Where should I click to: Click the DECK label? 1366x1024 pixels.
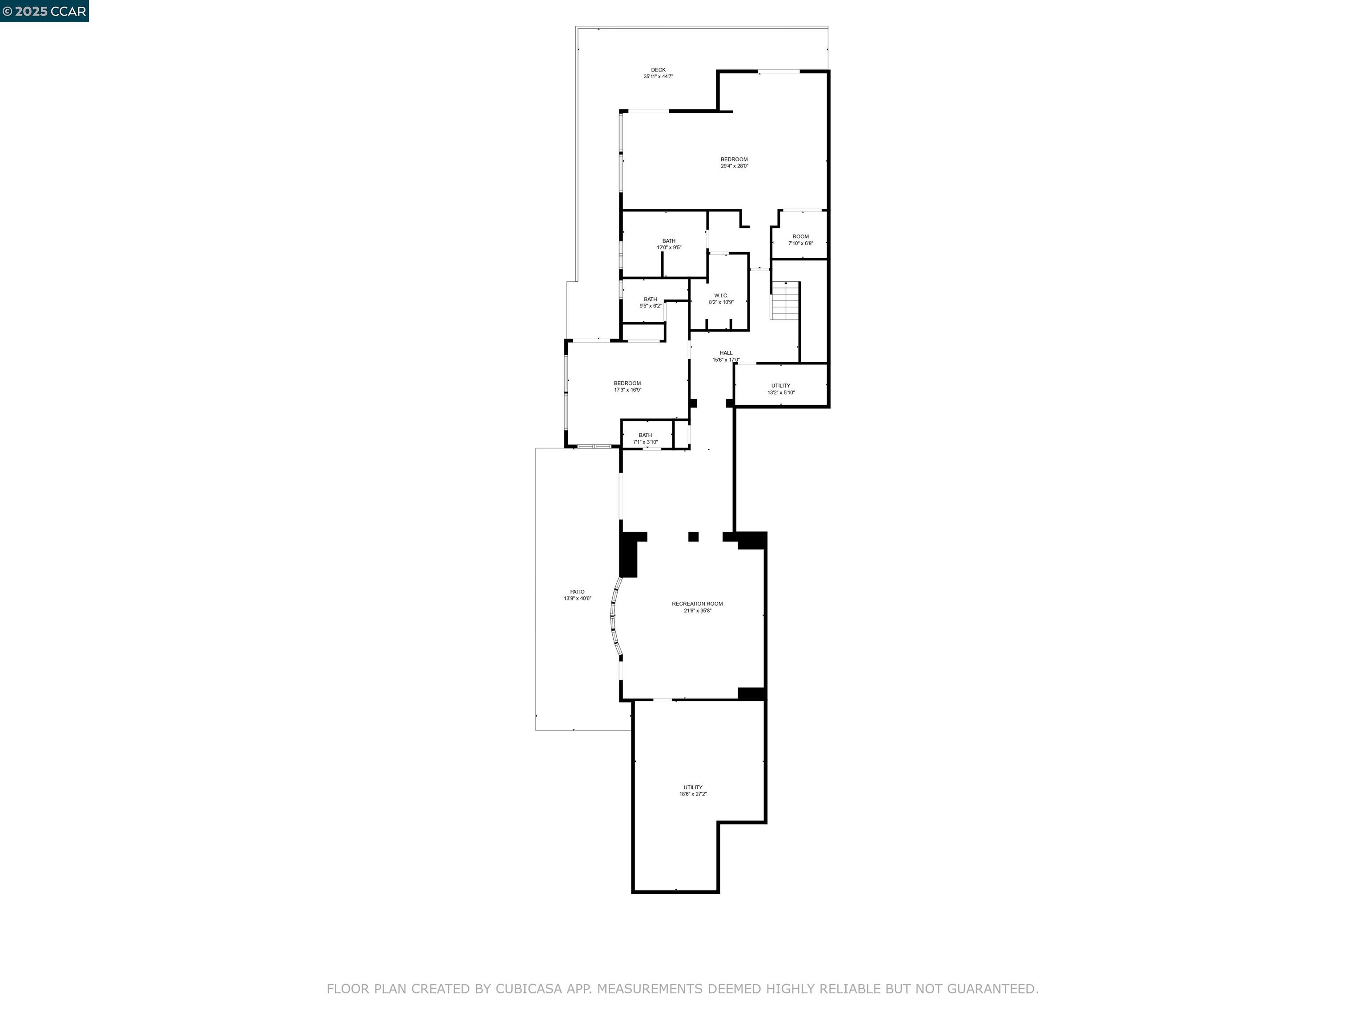[658, 70]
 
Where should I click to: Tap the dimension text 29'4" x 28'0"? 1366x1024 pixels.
[734, 166]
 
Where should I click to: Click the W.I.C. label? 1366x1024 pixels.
[721, 296]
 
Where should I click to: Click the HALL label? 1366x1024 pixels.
[726, 353]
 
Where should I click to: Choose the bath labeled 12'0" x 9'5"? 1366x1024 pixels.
[669, 244]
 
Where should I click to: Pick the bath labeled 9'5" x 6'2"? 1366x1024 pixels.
[650, 303]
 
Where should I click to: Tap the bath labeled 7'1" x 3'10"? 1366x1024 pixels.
[645, 438]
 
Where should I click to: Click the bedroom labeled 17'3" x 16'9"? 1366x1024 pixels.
[627, 386]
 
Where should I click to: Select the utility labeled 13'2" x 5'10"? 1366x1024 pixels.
[780, 389]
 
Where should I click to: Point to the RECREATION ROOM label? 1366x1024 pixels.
[697, 604]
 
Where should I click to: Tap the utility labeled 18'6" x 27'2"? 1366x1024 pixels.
[693, 791]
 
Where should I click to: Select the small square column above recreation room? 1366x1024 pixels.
[694, 537]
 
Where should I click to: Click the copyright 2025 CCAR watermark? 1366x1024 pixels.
[44, 11]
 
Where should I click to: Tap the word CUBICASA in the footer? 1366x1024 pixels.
[529, 989]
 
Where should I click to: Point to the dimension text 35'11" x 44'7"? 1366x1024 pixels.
[658, 76]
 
